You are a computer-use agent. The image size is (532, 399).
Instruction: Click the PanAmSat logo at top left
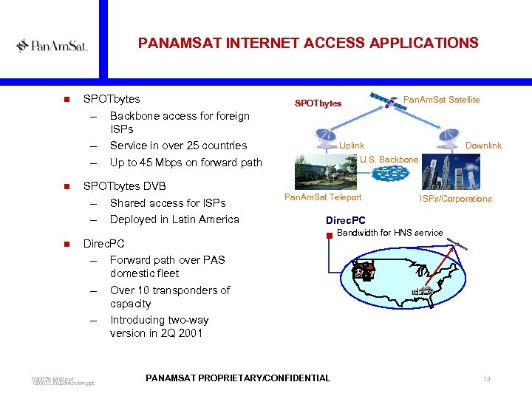[x=52, y=46]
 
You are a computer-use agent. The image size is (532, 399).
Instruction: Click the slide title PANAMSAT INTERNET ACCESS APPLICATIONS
[x=308, y=44]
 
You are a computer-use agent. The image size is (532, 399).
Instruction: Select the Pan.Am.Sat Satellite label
[x=441, y=100]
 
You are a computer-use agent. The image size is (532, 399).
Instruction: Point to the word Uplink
[x=352, y=146]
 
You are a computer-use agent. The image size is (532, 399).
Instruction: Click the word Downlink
[x=483, y=146]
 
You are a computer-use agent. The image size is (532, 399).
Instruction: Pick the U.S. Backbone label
[x=389, y=160]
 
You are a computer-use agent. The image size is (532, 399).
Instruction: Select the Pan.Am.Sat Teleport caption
[x=323, y=197]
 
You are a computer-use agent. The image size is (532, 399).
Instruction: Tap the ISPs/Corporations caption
[x=455, y=199]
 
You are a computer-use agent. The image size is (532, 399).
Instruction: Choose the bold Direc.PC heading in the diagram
[x=345, y=220]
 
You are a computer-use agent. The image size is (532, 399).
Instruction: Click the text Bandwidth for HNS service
[x=389, y=233]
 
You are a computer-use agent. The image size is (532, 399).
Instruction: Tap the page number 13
[x=486, y=379]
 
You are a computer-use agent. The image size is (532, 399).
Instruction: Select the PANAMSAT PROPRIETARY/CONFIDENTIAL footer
[x=238, y=378]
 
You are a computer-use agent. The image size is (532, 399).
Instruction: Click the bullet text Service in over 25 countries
[x=178, y=146]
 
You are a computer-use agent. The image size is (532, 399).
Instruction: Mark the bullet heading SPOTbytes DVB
[x=125, y=186]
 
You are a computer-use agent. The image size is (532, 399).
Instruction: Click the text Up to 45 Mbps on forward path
[x=185, y=163]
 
